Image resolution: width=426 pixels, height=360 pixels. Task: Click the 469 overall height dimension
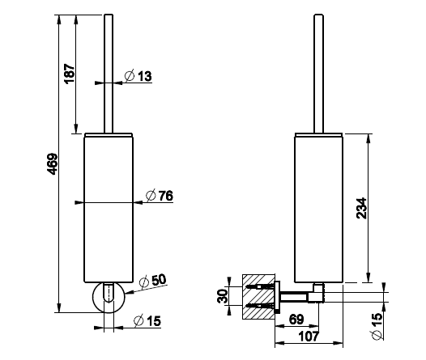[x=52, y=164]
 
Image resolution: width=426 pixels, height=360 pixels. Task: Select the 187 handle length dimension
[x=70, y=74]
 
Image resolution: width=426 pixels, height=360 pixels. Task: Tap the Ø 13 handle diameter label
[x=138, y=76]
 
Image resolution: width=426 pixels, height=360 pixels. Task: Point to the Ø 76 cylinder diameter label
[x=160, y=196]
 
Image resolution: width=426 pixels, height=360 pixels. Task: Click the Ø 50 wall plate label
[x=152, y=281]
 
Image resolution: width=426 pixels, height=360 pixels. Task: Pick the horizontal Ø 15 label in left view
[x=147, y=321]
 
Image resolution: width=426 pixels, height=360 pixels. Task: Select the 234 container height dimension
[x=361, y=208]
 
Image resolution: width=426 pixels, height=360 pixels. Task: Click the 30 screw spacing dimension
[x=222, y=296]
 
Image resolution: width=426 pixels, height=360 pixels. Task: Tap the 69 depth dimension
[x=296, y=320]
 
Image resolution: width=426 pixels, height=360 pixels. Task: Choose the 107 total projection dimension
[x=309, y=337]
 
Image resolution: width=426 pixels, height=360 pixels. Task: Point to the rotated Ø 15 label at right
[x=377, y=326]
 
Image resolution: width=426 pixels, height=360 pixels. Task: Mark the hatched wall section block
[x=258, y=297]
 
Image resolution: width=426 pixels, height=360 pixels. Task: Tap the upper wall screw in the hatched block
[x=260, y=286]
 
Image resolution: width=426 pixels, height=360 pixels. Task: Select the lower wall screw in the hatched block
[x=260, y=306]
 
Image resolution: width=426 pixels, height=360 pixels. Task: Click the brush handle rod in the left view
[x=109, y=74]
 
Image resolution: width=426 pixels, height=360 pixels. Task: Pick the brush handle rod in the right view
[x=318, y=74]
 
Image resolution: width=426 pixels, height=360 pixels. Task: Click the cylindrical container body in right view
[x=318, y=208]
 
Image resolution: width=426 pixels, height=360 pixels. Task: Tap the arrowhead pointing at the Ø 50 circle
[x=129, y=292]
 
